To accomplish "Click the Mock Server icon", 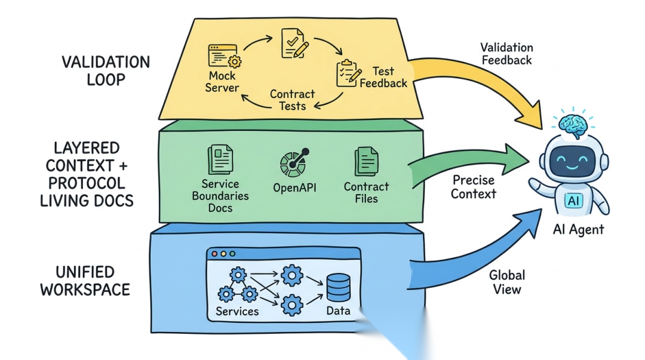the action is pyautogui.click(x=224, y=56).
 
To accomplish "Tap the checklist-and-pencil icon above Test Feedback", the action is pyautogui.click(x=349, y=73).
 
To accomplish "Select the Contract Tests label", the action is pyautogui.click(x=292, y=100).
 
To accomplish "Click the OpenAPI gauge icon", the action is pyautogui.click(x=294, y=163).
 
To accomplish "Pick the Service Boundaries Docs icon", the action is pyautogui.click(x=220, y=159).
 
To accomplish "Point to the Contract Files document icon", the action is pyautogui.click(x=366, y=162).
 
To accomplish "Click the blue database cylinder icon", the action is pyautogui.click(x=339, y=288).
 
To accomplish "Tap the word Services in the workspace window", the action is pyautogui.click(x=237, y=311).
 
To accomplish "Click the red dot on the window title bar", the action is pyautogui.click(x=214, y=254).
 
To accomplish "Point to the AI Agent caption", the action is pyautogui.click(x=578, y=230).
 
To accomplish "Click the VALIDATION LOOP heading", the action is pyautogui.click(x=106, y=71).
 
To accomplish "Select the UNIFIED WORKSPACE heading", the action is pyautogui.click(x=85, y=281).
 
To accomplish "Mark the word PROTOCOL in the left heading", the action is pyautogui.click(x=87, y=183).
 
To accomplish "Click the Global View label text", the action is pyautogui.click(x=507, y=282).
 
